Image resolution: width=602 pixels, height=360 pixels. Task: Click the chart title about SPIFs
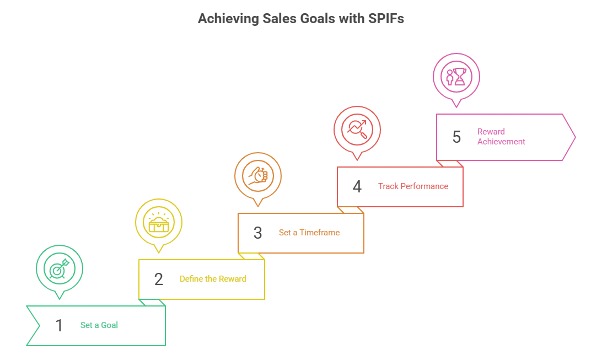click(x=301, y=19)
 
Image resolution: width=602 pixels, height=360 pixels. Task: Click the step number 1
click(x=59, y=325)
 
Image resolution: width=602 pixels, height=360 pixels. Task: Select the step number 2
click(x=159, y=279)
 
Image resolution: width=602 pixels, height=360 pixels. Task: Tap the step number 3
click(x=257, y=233)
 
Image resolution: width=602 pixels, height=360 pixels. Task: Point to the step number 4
click(x=357, y=186)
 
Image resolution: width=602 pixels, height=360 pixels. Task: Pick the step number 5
click(x=456, y=137)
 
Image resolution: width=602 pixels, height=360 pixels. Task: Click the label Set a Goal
click(x=99, y=325)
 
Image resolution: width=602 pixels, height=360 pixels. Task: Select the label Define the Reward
click(x=213, y=279)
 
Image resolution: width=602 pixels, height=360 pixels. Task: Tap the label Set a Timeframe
click(x=309, y=233)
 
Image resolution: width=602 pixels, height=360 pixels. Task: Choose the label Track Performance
click(x=413, y=186)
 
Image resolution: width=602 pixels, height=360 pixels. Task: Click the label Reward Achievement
click(x=501, y=137)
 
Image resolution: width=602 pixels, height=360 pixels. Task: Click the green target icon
click(x=59, y=268)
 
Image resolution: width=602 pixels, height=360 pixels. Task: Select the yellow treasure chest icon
click(x=159, y=222)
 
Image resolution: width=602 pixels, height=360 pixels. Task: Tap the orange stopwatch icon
click(x=258, y=176)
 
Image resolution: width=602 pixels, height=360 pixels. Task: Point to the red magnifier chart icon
click(x=357, y=130)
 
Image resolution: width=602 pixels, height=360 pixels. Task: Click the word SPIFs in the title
click(x=386, y=19)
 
